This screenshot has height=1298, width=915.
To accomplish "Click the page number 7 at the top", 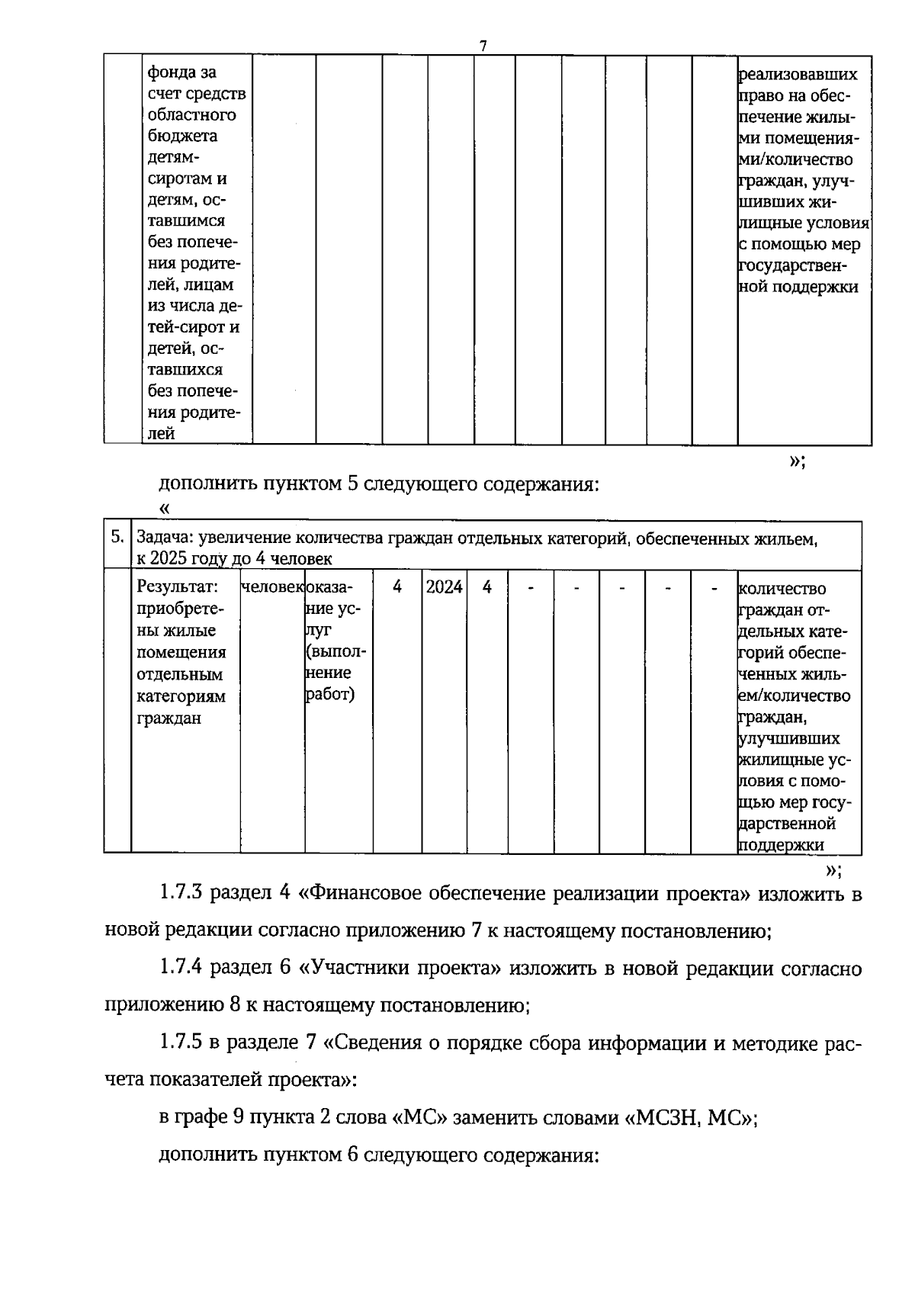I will (x=483, y=46).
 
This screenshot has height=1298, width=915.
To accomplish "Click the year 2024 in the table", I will (x=444, y=587).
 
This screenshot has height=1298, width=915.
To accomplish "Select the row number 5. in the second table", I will (x=117, y=536).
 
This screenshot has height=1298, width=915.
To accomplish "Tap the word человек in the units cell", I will (x=271, y=587).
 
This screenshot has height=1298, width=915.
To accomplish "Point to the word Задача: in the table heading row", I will (x=165, y=539).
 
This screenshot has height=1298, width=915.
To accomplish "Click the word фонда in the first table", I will (x=172, y=72).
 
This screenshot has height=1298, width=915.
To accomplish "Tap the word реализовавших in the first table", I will (x=798, y=75).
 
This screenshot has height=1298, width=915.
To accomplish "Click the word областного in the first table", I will (x=191, y=115).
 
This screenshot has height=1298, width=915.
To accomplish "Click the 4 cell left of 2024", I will (x=397, y=587).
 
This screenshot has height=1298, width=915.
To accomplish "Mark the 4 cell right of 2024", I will (x=487, y=587).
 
